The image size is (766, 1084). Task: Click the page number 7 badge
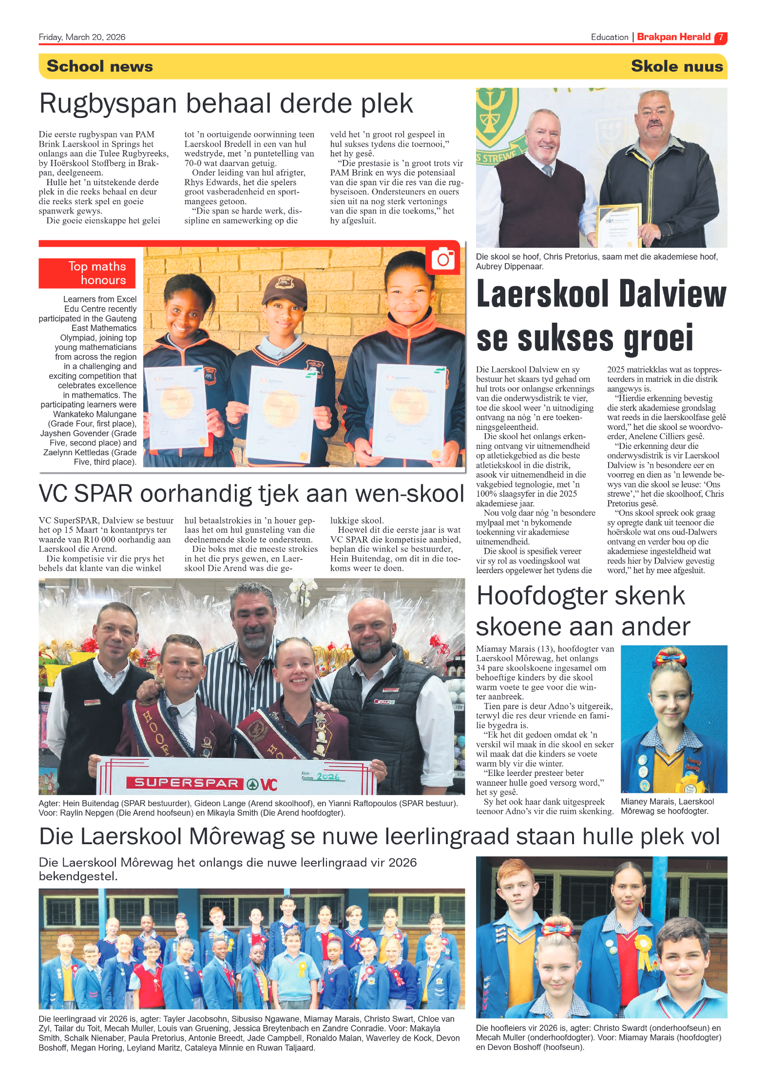720,38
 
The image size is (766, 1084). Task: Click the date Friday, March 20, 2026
82,37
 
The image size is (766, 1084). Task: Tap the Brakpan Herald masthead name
673,37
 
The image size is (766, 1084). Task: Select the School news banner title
100,66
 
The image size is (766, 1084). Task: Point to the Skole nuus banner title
676,66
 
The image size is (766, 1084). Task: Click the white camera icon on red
443,259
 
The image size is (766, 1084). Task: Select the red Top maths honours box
87,273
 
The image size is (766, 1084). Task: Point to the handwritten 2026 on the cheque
328,776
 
